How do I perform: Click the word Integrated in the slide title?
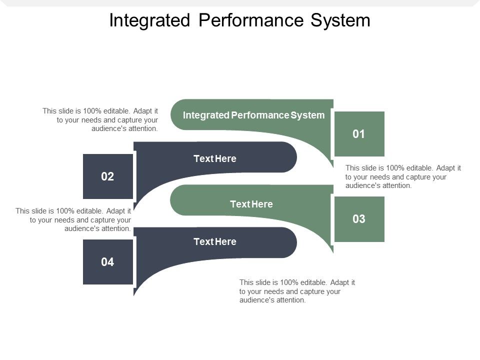(x=150, y=20)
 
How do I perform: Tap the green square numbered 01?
(x=359, y=134)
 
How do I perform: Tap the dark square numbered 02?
(x=107, y=176)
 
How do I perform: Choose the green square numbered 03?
(x=359, y=219)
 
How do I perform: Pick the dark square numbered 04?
(x=107, y=262)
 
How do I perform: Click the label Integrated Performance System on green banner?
(x=253, y=115)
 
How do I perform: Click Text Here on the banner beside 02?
(x=214, y=158)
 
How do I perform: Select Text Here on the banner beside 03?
(x=251, y=204)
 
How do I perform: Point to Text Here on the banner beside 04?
(x=214, y=242)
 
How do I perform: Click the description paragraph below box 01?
(x=403, y=176)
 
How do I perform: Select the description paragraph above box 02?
(x=100, y=119)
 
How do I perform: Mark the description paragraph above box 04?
(x=73, y=219)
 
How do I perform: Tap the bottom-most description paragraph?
(x=297, y=291)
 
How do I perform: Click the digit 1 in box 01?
(x=362, y=134)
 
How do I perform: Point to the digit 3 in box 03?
(x=362, y=219)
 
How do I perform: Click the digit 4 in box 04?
(x=110, y=262)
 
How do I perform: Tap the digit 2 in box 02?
(x=110, y=176)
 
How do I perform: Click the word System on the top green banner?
(x=308, y=115)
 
